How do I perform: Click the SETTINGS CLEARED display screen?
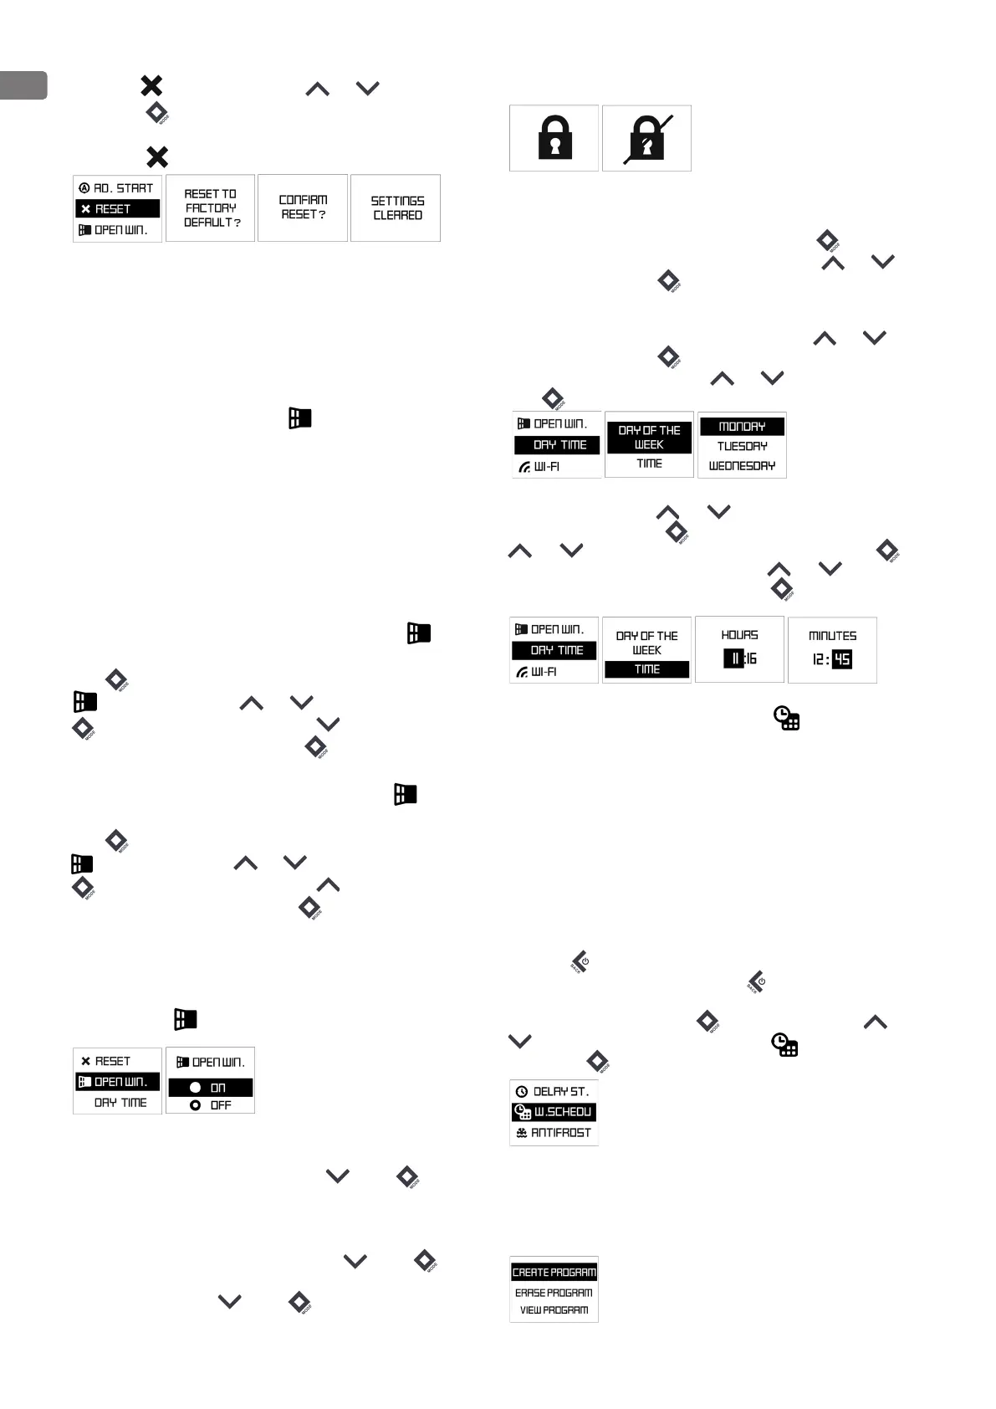tap(396, 208)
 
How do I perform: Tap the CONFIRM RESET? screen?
tap(303, 208)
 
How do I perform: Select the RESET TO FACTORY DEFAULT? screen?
tap(211, 208)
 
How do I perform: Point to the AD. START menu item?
tap(117, 188)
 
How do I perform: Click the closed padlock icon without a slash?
tap(554, 138)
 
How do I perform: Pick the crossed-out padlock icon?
tap(647, 138)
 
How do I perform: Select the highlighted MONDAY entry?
tap(742, 427)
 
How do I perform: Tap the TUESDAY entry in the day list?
tap(742, 446)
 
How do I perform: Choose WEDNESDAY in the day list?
tap(742, 466)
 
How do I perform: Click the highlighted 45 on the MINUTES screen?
tap(842, 659)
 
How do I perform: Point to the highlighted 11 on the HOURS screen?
tap(734, 659)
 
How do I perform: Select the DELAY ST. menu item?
tap(554, 1092)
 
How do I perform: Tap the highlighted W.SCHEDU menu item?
tap(554, 1112)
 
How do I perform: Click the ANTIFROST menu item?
tap(554, 1133)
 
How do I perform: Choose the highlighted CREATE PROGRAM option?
tap(554, 1273)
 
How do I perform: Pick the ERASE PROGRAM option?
tap(554, 1293)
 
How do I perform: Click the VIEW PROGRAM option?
tap(554, 1310)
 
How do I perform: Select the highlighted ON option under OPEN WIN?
tap(211, 1088)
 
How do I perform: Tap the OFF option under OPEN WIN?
tap(211, 1105)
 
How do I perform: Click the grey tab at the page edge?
tap(23, 85)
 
